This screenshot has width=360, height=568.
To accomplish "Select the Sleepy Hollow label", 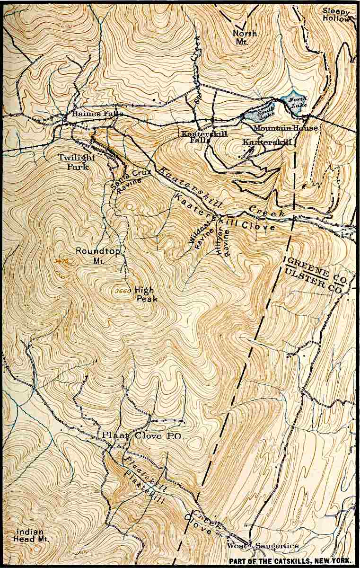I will click(x=337, y=15).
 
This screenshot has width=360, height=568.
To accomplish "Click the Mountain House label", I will click(x=286, y=128).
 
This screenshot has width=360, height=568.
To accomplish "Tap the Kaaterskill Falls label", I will click(x=201, y=137).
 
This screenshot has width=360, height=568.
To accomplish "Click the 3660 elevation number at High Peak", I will click(x=122, y=291).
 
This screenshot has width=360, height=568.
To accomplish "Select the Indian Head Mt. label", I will click(x=30, y=535).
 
